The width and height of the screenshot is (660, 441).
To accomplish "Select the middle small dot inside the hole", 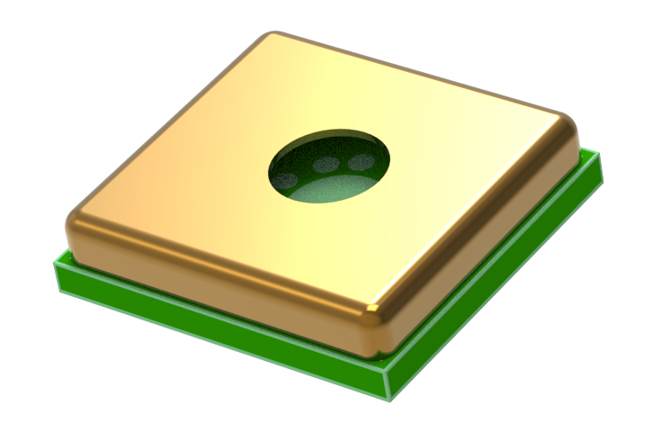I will pos(330,165).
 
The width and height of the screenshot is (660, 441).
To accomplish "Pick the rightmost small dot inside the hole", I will pos(361,162).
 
